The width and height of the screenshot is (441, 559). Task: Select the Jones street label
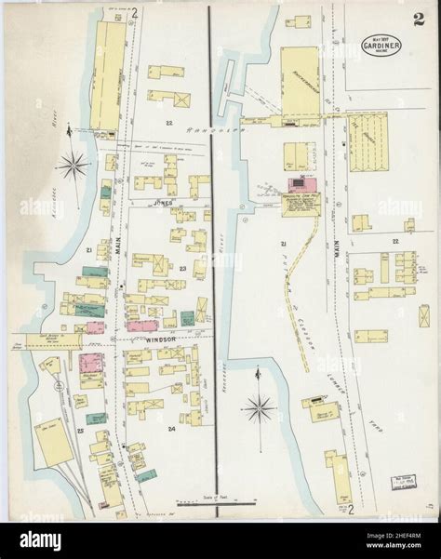166,201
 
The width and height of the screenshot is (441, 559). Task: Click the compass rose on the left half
70,168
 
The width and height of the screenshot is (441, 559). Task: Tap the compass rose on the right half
260,406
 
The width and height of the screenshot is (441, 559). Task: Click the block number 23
184,271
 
